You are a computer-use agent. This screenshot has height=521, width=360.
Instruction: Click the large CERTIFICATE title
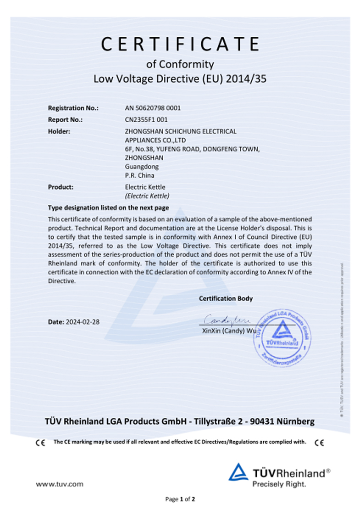point(180,45)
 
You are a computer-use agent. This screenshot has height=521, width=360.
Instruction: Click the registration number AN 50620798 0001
point(153,108)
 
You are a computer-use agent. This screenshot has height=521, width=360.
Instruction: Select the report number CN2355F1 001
point(146,120)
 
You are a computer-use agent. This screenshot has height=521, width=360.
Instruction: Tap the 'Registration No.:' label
point(73,108)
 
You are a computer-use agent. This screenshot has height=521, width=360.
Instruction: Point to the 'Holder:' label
point(59,131)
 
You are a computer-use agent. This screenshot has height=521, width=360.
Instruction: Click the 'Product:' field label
point(61,187)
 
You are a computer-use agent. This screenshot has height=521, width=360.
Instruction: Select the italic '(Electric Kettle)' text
point(147,196)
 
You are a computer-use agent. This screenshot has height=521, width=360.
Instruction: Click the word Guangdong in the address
point(139,167)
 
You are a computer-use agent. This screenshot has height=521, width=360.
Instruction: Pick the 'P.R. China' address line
point(139,175)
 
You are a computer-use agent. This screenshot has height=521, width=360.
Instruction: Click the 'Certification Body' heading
point(226,298)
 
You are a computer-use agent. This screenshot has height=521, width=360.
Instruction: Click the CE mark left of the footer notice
point(41,443)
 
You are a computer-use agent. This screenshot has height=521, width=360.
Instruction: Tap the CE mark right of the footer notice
point(320,443)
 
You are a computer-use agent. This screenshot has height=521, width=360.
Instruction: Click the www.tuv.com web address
point(60,483)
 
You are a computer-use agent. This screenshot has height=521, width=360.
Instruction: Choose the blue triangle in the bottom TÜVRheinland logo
point(238,472)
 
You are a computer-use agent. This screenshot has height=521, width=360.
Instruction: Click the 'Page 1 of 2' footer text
point(180,499)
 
